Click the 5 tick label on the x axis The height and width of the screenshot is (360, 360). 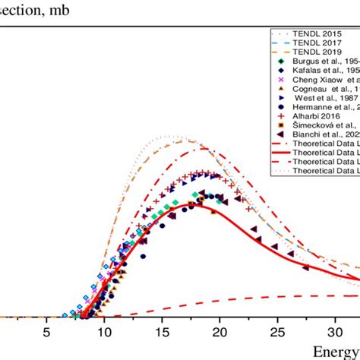46,332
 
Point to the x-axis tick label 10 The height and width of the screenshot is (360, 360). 104,332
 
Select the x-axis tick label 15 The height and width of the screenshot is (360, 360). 162,332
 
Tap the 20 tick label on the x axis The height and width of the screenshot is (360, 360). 219,332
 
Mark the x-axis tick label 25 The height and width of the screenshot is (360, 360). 277,332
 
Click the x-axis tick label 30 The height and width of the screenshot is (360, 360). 335,332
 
